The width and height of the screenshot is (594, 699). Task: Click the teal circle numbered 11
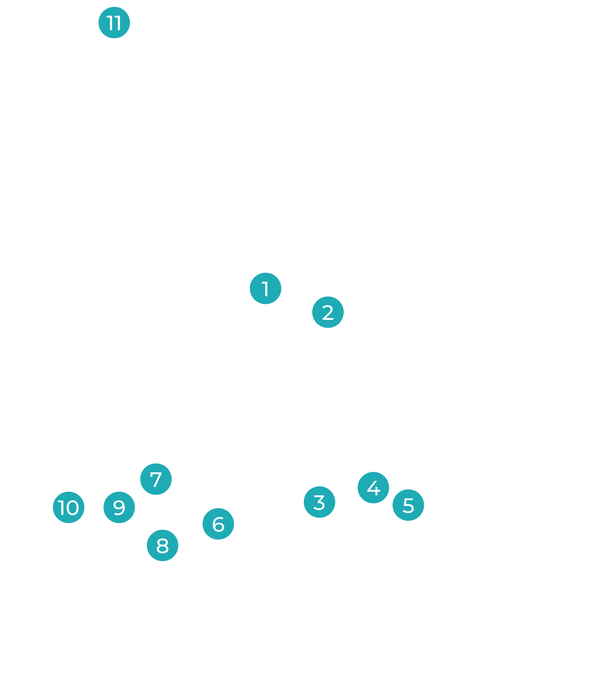click(114, 23)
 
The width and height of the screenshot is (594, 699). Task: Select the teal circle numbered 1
click(265, 288)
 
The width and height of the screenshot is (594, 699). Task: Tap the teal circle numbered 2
click(328, 312)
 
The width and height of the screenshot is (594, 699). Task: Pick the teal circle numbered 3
click(319, 502)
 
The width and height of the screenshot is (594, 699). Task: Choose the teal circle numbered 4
click(373, 487)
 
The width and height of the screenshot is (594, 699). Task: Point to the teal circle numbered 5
click(408, 505)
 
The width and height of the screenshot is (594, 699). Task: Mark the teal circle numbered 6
click(218, 524)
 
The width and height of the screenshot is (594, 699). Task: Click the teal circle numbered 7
click(156, 479)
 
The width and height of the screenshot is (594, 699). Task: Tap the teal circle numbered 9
click(119, 507)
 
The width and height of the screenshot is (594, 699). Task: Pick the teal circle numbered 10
click(69, 507)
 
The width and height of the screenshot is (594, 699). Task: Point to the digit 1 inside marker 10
click(62, 507)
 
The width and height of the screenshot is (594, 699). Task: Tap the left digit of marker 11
click(110, 23)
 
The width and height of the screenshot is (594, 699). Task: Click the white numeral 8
click(162, 546)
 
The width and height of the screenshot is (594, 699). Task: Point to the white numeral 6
click(218, 524)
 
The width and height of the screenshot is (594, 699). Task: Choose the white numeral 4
click(373, 488)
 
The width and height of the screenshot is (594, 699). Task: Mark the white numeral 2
click(328, 313)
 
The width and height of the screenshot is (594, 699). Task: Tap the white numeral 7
click(156, 480)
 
